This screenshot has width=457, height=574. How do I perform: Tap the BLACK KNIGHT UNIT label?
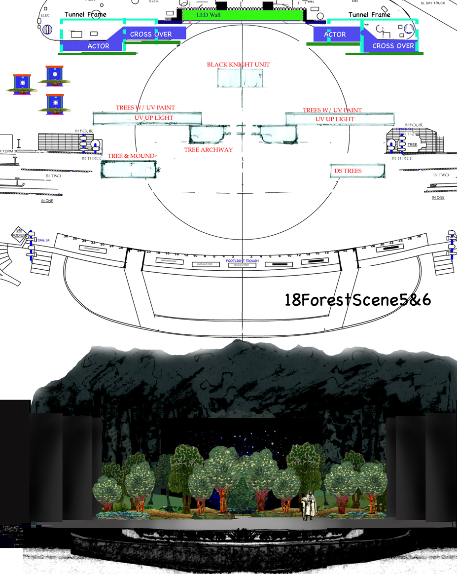238,65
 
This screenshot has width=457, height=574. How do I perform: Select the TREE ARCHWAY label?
208,150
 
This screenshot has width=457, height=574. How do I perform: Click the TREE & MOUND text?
131,156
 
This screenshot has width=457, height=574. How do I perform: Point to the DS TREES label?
348,171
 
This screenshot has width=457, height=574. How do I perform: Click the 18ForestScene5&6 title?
358,300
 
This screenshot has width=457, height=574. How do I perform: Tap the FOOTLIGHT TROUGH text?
243,261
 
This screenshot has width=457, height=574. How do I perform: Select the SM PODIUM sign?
20,233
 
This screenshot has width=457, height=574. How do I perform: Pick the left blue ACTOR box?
98,46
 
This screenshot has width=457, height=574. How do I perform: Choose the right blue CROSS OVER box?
393,46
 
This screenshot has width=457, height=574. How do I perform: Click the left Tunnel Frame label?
85,15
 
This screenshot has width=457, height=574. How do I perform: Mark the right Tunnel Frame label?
369,15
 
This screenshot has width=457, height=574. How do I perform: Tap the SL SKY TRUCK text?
433,3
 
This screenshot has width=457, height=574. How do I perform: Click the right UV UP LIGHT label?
335,119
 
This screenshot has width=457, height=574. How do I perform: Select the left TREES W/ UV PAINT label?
145,108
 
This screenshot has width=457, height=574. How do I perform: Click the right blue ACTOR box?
335,35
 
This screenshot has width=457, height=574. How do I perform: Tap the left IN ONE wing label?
47,201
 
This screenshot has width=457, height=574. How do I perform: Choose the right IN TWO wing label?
440,175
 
